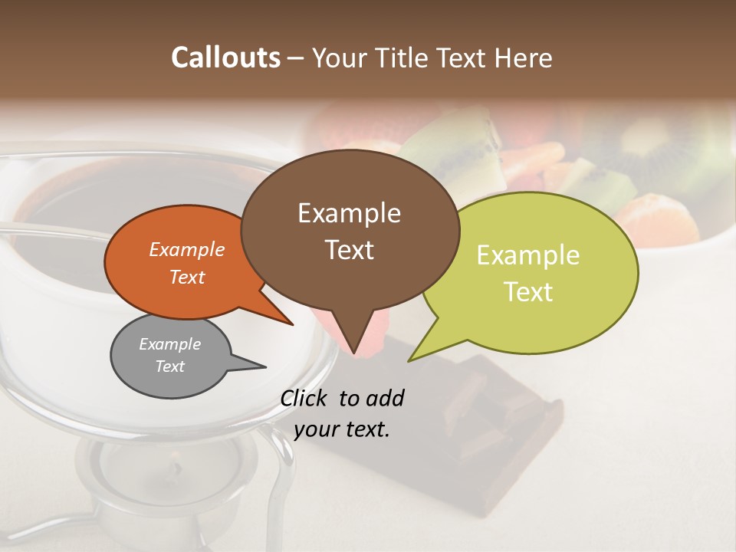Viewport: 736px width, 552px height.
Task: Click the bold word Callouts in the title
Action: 225,58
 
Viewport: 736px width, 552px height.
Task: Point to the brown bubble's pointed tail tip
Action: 353,353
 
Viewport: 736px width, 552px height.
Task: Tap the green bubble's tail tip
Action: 409,361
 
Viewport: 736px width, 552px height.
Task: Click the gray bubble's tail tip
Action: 265,367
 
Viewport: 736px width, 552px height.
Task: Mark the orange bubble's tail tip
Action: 293,325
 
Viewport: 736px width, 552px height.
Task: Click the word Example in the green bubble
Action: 528,255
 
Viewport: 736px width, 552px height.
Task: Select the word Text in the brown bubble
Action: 350,250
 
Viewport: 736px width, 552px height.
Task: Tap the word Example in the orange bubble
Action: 187,249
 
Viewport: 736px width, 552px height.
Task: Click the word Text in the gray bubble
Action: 170,366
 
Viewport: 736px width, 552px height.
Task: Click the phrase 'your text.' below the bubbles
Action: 342,429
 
